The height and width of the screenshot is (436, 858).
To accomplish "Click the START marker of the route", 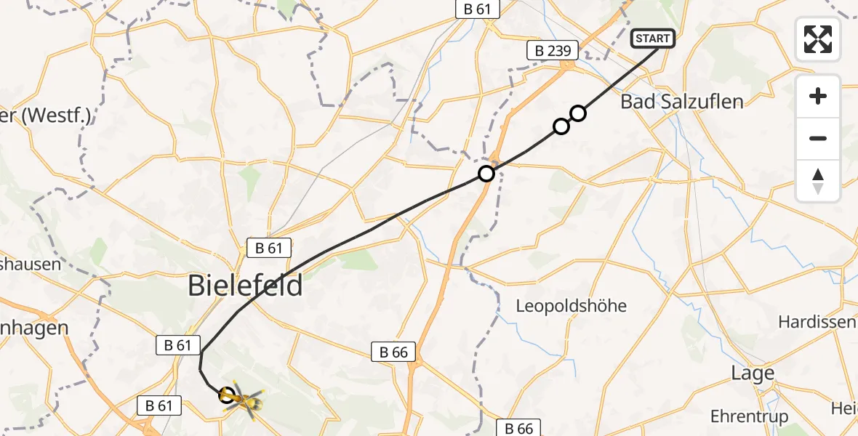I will coord(654,39).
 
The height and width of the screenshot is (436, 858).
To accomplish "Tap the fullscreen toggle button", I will coord(818,39).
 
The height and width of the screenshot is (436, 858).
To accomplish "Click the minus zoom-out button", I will coord(818,138).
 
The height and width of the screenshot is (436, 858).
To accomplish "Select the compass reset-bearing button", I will coord(818,181).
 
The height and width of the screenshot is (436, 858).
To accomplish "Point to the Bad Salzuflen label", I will coord(681,101).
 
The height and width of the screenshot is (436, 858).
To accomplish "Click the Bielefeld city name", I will coord(245,285).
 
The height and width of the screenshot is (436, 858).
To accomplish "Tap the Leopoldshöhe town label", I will coord(571,305).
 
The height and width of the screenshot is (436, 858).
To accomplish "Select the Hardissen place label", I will coord(817,321).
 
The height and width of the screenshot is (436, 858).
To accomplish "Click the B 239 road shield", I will coord(552,50).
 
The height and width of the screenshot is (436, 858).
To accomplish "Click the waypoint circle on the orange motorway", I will coord(486,174).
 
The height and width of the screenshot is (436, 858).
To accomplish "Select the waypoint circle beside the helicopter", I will coord(227,395).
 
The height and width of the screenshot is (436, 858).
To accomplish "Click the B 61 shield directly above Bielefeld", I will coord(269,248).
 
